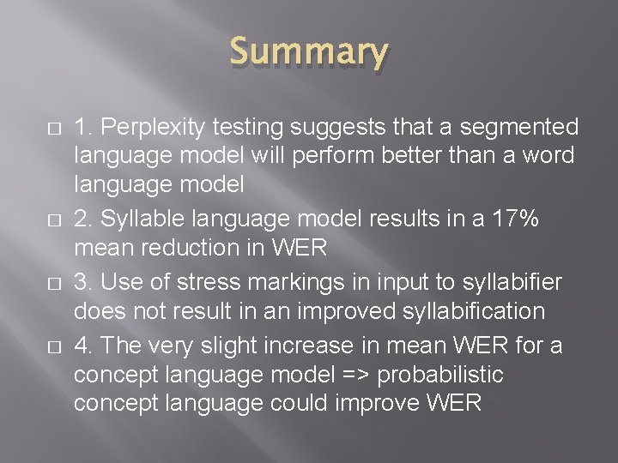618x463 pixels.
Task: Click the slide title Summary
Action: (309, 53)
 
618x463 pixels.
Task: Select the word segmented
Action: (518, 128)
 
